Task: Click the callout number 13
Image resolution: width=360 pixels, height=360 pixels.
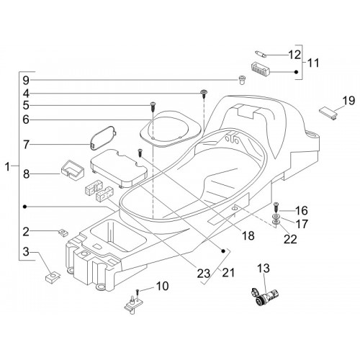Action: [x=264, y=269]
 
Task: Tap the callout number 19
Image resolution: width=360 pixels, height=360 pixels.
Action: [x=348, y=100]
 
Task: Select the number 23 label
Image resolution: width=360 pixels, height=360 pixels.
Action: [x=204, y=274]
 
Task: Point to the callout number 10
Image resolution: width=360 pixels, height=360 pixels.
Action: [x=162, y=286]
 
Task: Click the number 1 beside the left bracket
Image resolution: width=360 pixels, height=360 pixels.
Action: [x=8, y=166]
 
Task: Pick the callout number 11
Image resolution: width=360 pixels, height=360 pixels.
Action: [x=313, y=63]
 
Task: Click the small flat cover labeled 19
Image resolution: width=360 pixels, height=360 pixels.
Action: [x=328, y=113]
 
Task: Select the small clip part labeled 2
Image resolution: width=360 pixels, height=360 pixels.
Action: [x=63, y=233]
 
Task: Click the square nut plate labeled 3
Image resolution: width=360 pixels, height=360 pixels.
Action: [x=53, y=276]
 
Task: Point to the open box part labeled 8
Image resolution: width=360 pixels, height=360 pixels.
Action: [x=72, y=170]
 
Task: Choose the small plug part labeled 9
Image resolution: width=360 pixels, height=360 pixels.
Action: [x=241, y=80]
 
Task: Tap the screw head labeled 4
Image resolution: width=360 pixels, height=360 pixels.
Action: [x=204, y=92]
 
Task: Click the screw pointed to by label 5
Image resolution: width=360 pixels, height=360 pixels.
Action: [x=153, y=106]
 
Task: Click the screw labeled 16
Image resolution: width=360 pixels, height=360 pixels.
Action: [x=276, y=207]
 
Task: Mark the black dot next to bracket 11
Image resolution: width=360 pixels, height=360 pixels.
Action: [x=296, y=72]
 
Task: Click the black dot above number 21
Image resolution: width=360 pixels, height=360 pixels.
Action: [x=223, y=251]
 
